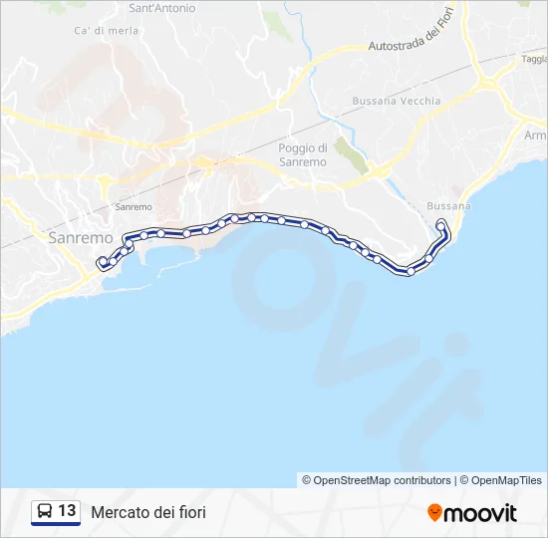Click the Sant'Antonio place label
click(162, 8)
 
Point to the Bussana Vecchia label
click(390, 101)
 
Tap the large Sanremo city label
click(81, 239)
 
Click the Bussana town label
click(447, 206)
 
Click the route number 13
click(67, 511)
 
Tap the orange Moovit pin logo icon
click(434, 512)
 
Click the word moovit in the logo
click(480, 513)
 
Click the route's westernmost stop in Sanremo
click(101, 262)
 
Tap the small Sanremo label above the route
click(134, 207)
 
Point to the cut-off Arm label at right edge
click(535, 134)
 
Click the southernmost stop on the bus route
click(410, 271)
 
